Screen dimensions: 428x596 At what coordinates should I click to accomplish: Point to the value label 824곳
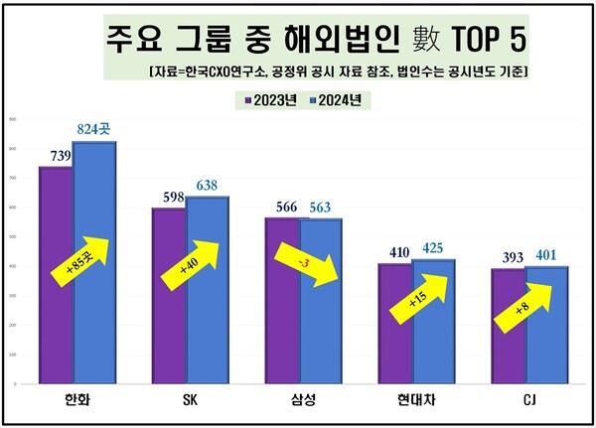[96, 130]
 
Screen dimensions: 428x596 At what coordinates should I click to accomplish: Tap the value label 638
[210, 186]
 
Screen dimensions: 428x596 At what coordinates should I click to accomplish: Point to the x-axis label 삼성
[300, 399]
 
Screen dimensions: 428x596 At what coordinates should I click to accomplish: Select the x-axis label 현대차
[412, 399]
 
